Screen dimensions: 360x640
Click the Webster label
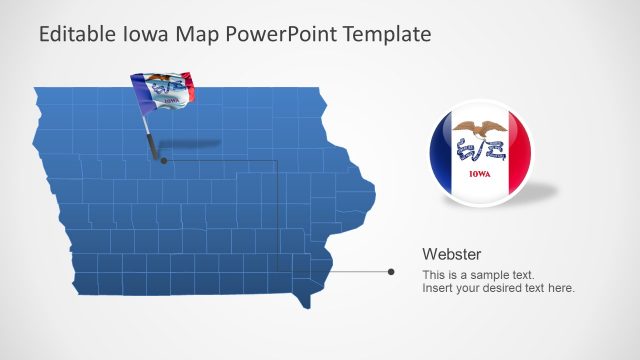pos(452,254)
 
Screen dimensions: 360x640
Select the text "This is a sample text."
pos(478,275)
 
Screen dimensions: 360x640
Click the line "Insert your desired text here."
pos(498,288)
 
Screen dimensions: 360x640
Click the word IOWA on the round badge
pos(480,173)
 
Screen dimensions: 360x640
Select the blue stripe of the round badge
pos(441,155)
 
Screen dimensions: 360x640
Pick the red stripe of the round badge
pos(518,155)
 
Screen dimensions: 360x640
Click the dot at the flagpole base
pos(164,159)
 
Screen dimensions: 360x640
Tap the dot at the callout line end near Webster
pos(391,271)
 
